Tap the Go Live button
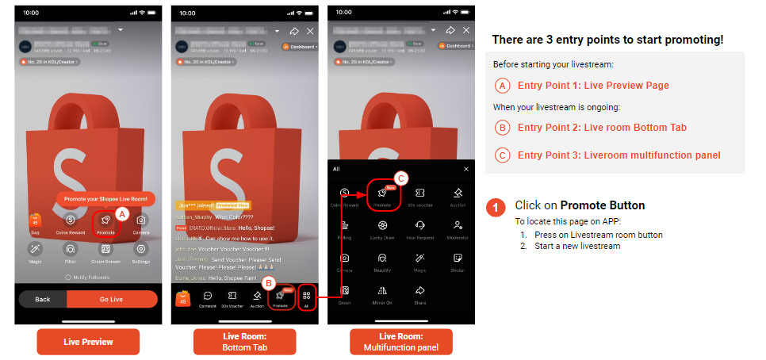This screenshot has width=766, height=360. click(x=112, y=299)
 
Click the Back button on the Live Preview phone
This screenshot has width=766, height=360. click(x=43, y=299)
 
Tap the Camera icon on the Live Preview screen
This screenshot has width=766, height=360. click(x=141, y=221)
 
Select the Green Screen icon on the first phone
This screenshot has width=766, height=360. click(x=105, y=250)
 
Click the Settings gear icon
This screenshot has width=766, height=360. click(x=141, y=250)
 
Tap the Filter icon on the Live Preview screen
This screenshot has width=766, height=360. click(x=70, y=250)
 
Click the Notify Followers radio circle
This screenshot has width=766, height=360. click(x=67, y=278)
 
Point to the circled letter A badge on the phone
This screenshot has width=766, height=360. click(x=122, y=213)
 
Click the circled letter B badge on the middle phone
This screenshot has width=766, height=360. click(x=269, y=282)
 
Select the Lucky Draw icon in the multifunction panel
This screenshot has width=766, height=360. click(x=383, y=228)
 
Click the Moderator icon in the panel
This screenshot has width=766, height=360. click(x=458, y=228)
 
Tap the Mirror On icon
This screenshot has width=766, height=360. click(x=383, y=293)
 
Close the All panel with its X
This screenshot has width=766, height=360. click(x=466, y=169)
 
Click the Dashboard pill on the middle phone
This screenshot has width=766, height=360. click(x=300, y=47)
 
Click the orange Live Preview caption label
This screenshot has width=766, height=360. click(x=88, y=341)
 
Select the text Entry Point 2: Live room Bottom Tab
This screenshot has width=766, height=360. click(x=602, y=127)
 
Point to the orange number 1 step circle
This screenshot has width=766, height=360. click(x=496, y=208)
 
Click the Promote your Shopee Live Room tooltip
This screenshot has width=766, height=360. click(x=105, y=198)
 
